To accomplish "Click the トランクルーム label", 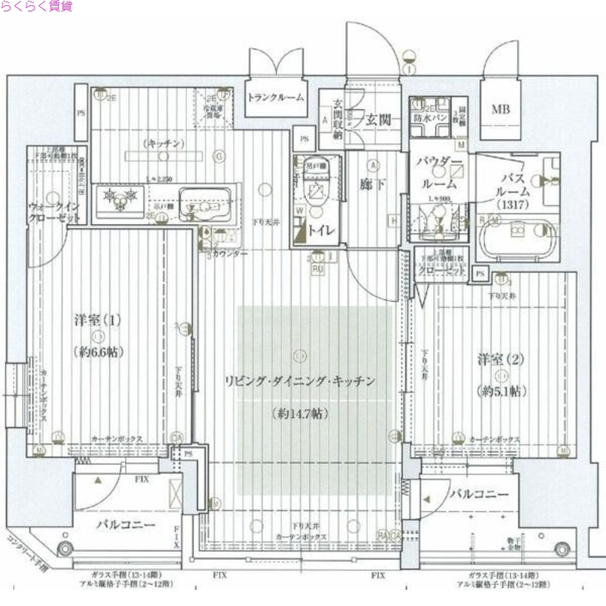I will pyautogui.click(x=276, y=97).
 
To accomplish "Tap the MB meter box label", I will pyautogui.click(x=500, y=110).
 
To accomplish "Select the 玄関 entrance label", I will pyautogui.click(x=377, y=119).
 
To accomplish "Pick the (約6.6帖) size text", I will pyautogui.click(x=98, y=351).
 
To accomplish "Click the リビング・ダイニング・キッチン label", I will pyautogui.click(x=300, y=381).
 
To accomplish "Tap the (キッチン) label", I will pyautogui.click(x=162, y=143).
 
